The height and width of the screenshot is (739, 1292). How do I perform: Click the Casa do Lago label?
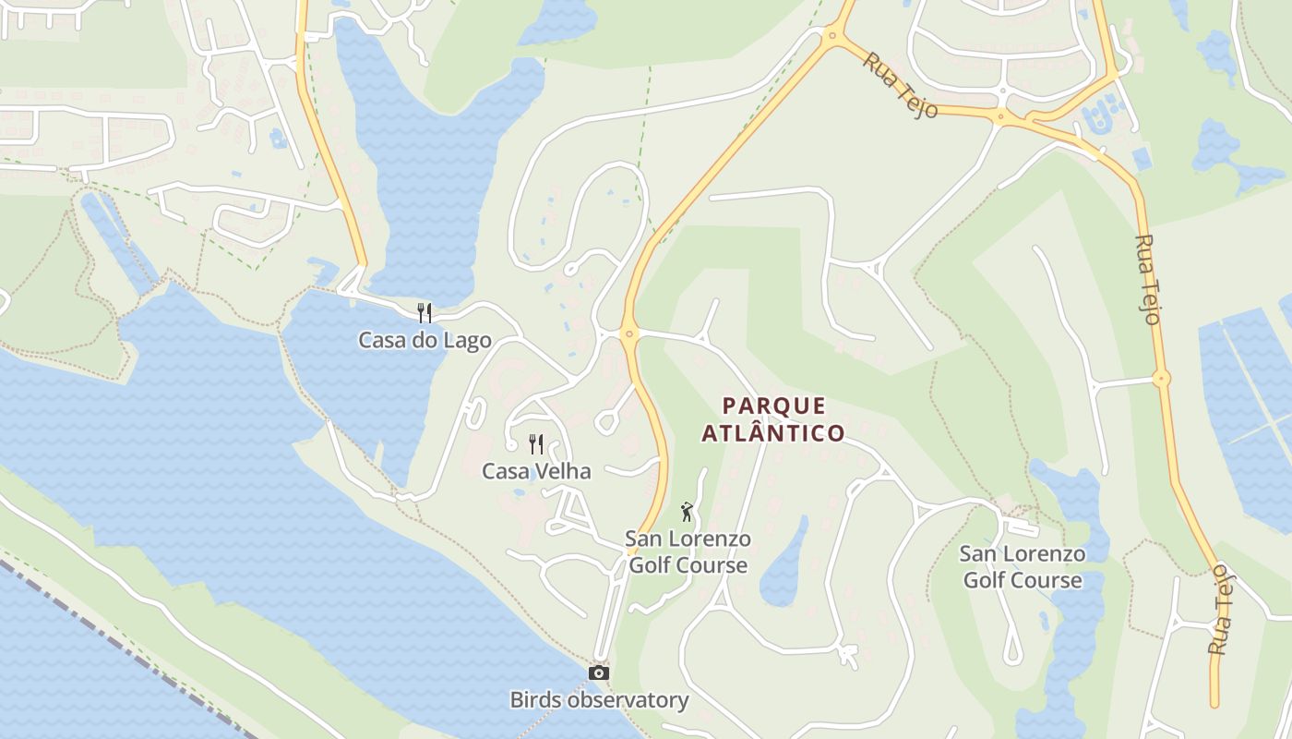pyautogui.click(x=425, y=340)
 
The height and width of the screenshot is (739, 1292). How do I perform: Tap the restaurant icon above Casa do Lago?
pyautogui.click(x=425, y=312)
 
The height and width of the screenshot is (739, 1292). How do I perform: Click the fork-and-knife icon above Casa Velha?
pyautogui.click(x=536, y=444)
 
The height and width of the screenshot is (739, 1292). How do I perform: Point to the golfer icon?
pyautogui.click(x=687, y=512)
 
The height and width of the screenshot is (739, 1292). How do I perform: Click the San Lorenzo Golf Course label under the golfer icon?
pyautogui.click(x=688, y=551)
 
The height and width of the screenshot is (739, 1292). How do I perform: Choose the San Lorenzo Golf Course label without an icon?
pyautogui.click(x=1023, y=566)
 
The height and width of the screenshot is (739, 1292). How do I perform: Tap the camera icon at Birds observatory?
pyautogui.click(x=599, y=672)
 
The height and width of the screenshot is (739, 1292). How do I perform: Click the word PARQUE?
pyautogui.click(x=774, y=406)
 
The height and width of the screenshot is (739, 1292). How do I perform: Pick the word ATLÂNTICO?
pyautogui.click(x=773, y=432)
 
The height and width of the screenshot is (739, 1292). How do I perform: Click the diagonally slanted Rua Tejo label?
pyautogui.click(x=900, y=85)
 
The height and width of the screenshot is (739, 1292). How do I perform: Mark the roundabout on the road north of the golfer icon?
pyautogui.click(x=629, y=333)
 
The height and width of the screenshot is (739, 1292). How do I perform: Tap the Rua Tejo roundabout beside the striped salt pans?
pyautogui.click(x=1161, y=378)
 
